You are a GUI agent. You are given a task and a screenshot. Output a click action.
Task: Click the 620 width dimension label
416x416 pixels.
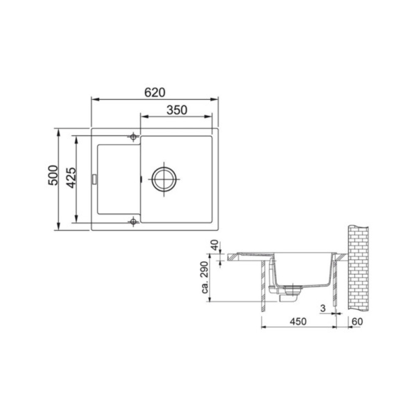(x=155, y=92)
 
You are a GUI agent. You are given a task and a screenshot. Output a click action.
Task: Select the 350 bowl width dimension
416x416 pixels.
(x=177, y=110)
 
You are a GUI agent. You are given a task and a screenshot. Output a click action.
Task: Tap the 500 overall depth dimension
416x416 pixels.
(x=53, y=175)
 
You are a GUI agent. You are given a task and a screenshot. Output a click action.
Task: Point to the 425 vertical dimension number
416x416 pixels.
(x=71, y=178)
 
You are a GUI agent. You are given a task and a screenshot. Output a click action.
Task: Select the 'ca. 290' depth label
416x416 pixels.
(x=205, y=277)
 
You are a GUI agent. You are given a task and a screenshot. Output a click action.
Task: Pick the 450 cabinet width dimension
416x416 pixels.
(x=298, y=322)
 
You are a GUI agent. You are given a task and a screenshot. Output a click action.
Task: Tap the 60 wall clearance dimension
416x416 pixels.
(x=357, y=322)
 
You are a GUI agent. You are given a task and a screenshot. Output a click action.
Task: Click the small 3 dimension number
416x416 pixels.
(x=323, y=308)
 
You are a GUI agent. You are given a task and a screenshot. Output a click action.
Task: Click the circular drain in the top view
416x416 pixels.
(x=164, y=179)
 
